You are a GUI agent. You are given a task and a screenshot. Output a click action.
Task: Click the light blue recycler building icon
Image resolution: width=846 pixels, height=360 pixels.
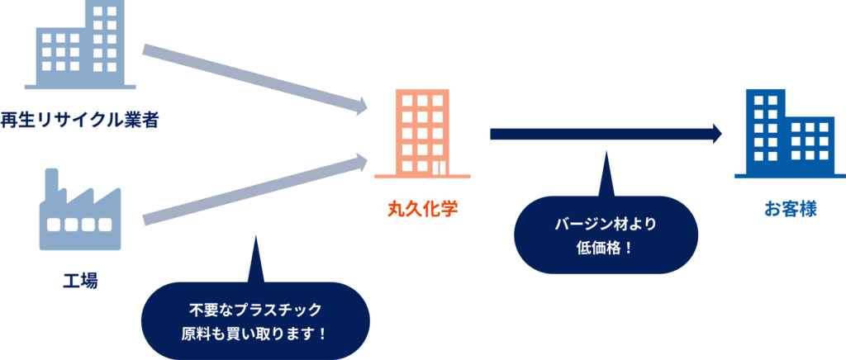pos(80,45)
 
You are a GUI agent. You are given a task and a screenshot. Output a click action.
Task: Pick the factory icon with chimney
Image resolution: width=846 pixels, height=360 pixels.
pos(80,213)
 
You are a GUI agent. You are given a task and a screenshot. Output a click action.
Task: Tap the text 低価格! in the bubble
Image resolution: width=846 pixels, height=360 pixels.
pos(606,246)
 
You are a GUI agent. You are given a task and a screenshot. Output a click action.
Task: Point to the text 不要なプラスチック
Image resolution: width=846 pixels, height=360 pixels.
pos(254,312)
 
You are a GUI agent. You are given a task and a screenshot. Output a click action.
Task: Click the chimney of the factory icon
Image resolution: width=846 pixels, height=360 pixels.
pos(52,183)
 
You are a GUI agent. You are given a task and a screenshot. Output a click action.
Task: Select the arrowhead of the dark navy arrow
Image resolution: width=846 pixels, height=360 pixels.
pos(715,134)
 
